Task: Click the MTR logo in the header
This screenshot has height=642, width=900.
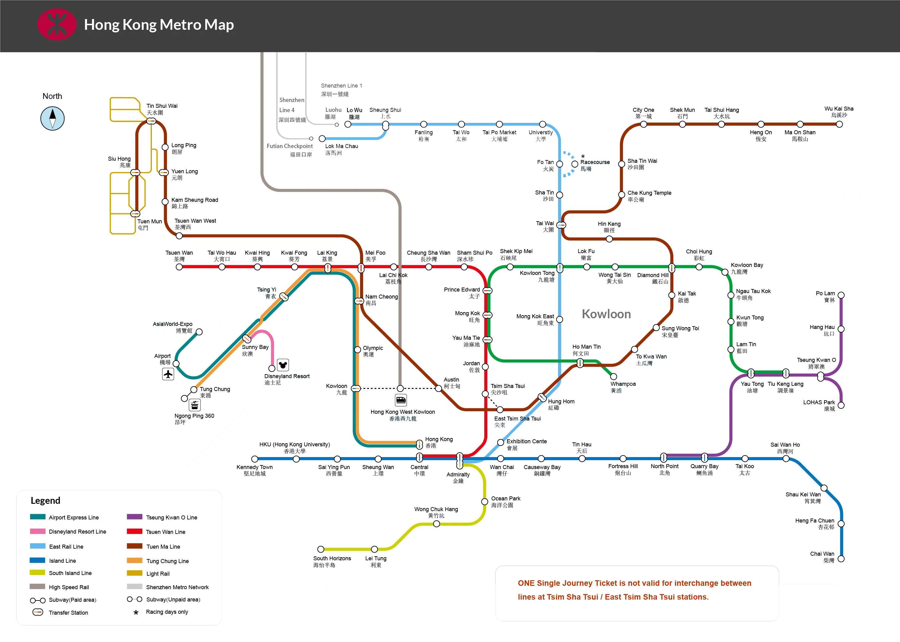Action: pos(57,25)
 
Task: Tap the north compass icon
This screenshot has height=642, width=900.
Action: pos(52,119)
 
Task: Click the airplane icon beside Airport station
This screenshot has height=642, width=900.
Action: pos(168,374)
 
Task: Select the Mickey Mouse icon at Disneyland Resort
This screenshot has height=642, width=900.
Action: pos(283,365)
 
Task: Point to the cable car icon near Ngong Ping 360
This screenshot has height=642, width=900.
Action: pos(195,405)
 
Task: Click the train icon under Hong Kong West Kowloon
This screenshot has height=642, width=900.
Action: pos(401,400)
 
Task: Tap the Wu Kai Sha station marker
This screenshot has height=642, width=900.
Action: pos(839,124)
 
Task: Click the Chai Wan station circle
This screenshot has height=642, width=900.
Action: pos(841,558)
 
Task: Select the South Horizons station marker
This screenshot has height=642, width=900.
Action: pos(321,549)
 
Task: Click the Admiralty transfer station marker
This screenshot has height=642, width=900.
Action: pos(460,460)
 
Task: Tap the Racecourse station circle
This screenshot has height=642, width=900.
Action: pos(575,164)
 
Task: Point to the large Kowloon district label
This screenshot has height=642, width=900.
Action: pos(606,314)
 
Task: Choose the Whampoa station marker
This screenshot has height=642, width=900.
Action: pos(614,376)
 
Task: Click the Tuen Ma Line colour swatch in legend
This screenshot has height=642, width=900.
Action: pos(134,546)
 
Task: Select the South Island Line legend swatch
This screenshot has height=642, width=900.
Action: pos(37,572)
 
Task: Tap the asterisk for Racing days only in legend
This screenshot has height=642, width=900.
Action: pos(136,612)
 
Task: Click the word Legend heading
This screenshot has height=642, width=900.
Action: pos(46,500)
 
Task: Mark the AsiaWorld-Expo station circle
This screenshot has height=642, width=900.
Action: pos(199,332)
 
